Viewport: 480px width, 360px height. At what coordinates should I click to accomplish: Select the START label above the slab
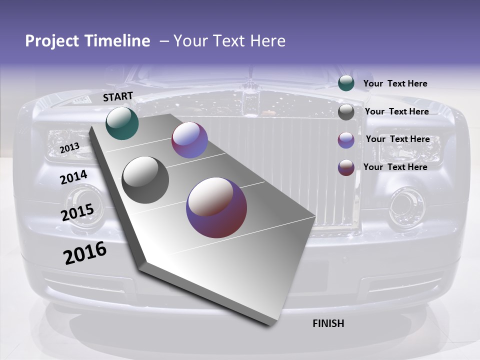point(118,96)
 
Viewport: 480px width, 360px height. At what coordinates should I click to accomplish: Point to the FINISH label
point(328,323)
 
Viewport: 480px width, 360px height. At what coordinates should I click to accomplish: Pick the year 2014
point(73,177)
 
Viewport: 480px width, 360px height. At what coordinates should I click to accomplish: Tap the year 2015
point(77,213)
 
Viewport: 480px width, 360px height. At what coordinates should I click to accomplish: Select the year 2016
point(85,253)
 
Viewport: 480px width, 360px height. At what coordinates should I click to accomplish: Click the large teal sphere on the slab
point(122,123)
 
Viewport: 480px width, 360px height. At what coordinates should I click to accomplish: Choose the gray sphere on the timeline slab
point(145,179)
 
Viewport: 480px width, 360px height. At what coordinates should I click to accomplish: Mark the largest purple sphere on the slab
point(216,207)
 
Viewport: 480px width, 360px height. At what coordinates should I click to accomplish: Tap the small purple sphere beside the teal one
point(189,140)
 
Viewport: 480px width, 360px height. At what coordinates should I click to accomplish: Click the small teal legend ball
point(346,83)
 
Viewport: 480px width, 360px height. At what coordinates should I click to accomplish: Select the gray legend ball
point(346,112)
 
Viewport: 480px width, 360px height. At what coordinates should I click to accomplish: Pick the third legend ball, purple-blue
point(346,140)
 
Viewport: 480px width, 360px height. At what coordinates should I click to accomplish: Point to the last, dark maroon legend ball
point(346,167)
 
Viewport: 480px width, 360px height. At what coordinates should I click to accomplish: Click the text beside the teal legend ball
point(395,83)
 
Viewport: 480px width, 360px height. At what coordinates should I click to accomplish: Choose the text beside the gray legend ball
point(396,111)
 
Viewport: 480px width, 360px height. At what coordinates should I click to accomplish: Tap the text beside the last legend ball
point(395,167)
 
